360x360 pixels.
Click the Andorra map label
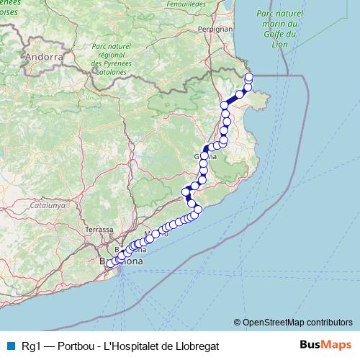coord(43,56)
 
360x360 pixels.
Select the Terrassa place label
coord(99,230)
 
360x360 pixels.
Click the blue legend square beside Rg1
coord(10,346)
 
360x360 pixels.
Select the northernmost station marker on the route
coord(249,77)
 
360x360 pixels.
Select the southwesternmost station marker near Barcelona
coord(110,264)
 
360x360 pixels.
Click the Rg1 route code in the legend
coord(30,346)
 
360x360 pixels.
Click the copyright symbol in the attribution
coord(237,322)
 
